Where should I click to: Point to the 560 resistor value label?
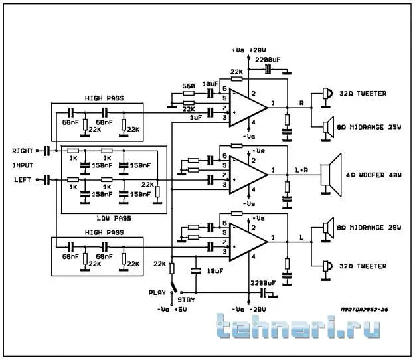point(188,86)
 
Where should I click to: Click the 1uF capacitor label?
point(195,118)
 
